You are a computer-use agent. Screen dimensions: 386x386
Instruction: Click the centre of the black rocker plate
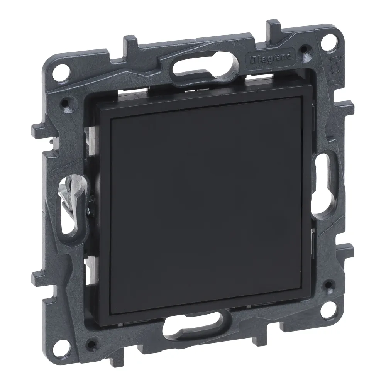pyautogui.click(x=205, y=208)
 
